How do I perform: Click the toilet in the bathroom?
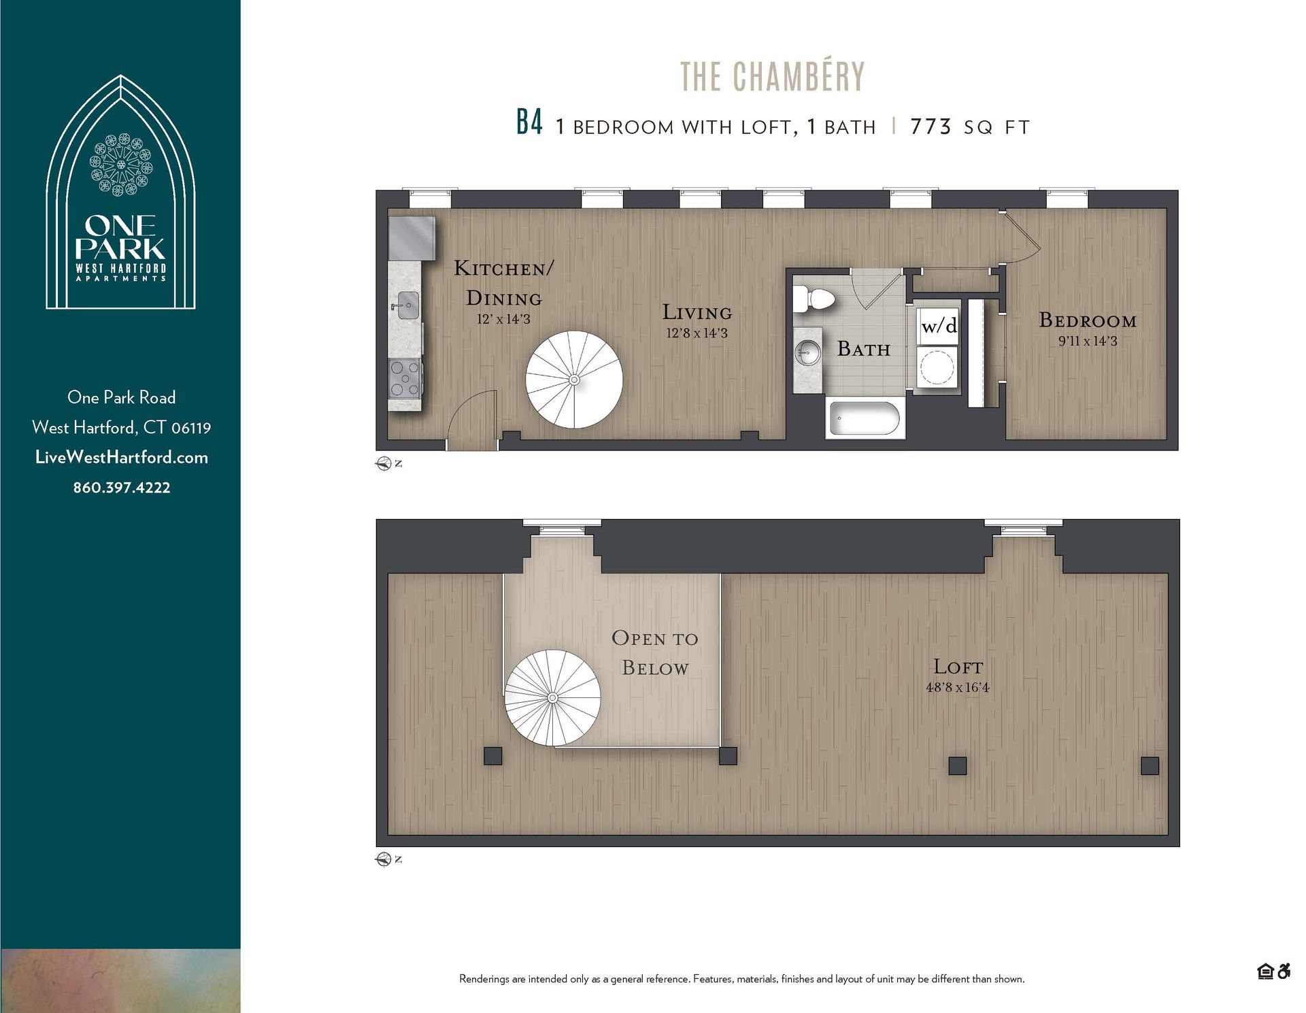(816, 299)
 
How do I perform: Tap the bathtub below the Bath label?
(864, 418)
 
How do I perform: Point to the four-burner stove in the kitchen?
(404, 380)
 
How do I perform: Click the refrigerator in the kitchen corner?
(412, 238)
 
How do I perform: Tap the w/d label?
(939, 326)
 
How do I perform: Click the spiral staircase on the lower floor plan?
(574, 380)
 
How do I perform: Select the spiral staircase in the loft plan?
(552, 697)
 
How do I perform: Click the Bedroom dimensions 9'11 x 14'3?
(1087, 342)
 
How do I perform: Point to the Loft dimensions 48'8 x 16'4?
(957, 688)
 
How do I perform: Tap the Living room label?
(697, 312)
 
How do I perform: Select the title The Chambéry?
(772, 76)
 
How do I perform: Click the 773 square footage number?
(930, 127)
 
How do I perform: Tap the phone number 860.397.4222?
(122, 488)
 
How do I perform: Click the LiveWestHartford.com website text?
(122, 457)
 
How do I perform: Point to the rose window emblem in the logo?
(121, 165)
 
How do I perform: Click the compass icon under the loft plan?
(383, 859)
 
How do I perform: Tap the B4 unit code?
(529, 123)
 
